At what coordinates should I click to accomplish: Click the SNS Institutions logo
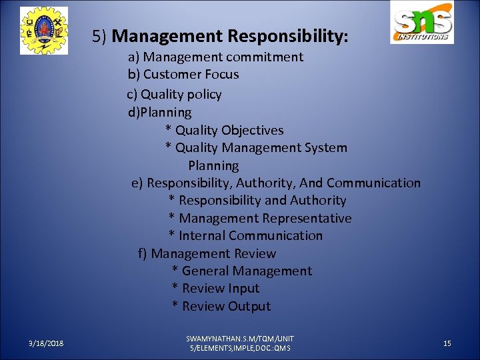click(x=422, y=25)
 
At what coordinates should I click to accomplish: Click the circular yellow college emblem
click(x=43, y=31)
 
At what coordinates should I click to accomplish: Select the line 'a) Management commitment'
click(x=215, y=57)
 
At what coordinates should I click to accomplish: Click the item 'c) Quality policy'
click(x=175, y=95)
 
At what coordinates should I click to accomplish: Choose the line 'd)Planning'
click(x=160, y=113)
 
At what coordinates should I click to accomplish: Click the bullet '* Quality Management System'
click(x=256, y=148)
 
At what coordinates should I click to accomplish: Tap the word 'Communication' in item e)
click(x=373, y=183)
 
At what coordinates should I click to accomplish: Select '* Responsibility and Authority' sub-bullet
click(x=257, y=201)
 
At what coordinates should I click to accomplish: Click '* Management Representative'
click(x=260, y=219)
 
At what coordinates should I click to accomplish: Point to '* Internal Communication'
click(x=245, y=236)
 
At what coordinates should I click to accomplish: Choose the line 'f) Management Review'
click(x=207, y=254)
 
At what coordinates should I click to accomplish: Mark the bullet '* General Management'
click(x=241, y=271)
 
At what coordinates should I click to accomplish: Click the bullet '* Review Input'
click(x=215, y=289)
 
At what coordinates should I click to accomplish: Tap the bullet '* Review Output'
click(x=221, y=307)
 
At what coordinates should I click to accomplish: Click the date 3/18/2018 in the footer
click(x=46, y=343)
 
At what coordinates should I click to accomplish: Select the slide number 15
click(x=447, y=343)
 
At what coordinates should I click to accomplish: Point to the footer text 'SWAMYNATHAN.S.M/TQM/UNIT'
click(x=240, y=339)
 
